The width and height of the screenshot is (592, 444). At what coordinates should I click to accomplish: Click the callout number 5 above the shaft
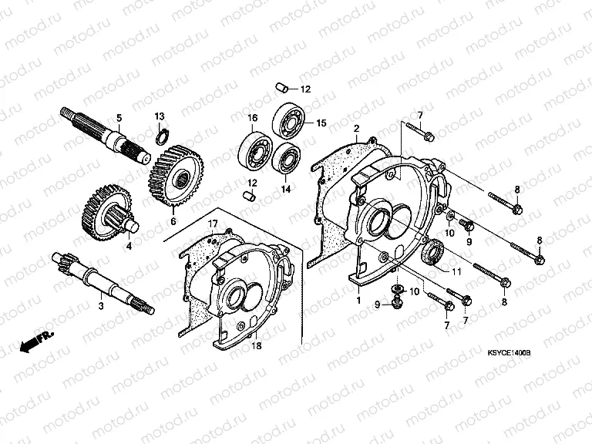pos(119,118)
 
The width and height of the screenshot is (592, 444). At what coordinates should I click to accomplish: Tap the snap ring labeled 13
pos(160,136)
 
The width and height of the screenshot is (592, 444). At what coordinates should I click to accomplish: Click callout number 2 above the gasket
pos(357,128)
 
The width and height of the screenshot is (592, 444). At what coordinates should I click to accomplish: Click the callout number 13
pos(160,116)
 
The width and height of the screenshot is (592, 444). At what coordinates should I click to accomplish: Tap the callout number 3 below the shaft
pos(99,307)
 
